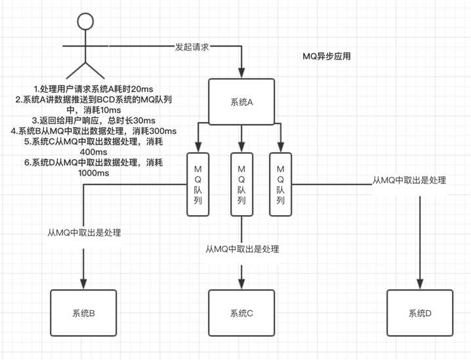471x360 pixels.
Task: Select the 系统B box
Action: pos(83,313)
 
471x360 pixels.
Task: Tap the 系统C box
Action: pos(241,313)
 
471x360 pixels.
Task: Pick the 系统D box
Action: pos(419,313)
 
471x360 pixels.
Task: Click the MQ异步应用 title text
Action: pos(326,57)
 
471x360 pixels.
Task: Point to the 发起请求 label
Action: pos(193,47)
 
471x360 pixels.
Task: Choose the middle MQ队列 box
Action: pos(241,185)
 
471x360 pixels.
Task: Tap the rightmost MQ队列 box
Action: pos(280,185)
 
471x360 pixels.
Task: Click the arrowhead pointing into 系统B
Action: pos(84,283)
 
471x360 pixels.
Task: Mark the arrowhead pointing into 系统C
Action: pos(241,283)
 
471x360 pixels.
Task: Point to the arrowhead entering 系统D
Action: pos(419,283)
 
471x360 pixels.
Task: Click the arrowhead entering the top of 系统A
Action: pos(242,73)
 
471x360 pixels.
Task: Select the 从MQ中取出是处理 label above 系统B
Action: pos(84,232)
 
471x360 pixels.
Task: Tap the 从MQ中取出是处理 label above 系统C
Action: pos(242,249)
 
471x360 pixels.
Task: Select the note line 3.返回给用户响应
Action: pos(94,121)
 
